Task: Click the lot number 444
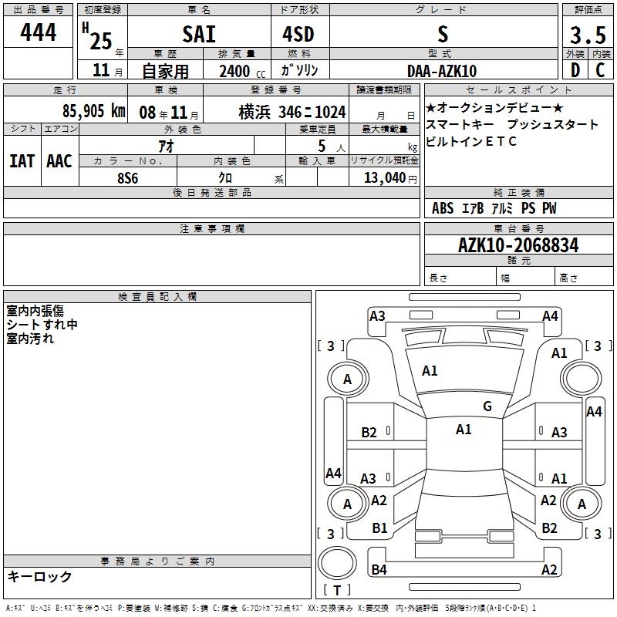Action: [x=38, y=32]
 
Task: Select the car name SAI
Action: [x=199, y=34]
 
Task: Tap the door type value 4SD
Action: [x=298, y=34]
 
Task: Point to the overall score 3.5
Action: [x=588, y=35]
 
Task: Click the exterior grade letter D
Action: [x=575, y=70]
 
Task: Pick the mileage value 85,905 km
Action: [x=94, y=110]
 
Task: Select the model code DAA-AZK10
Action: [x=442, y=71]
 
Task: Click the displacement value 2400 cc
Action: [x=242, y=71]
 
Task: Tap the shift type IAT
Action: [x=22, y=161]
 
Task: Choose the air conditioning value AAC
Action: [x=59, y=161]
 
